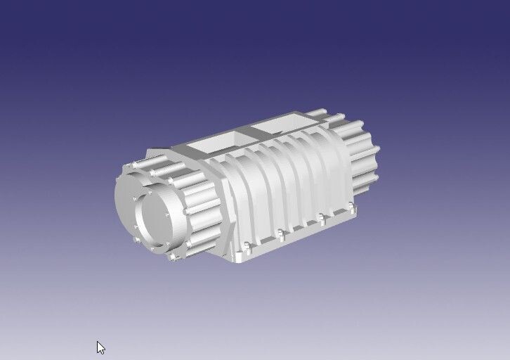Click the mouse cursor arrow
click(100, 347)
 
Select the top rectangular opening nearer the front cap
click(214, 145)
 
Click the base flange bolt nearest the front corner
click(247, 246)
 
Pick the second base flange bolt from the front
click(280, 232)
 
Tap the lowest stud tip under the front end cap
click(173, 257)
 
